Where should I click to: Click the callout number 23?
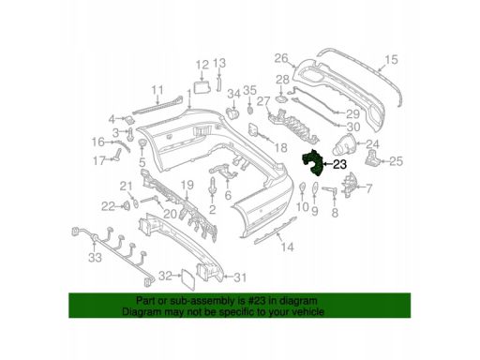(x=339, y=164)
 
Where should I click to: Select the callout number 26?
(x=280, y=56)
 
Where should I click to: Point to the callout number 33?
(x=94, y=258)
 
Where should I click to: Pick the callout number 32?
(x=165, y=276)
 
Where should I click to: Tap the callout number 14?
(x=287, y=247)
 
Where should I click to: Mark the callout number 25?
(x=396, y=161)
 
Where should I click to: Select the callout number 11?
(x=158, y=91)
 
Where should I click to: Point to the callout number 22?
(x=109, y=205)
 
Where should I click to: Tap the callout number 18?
(x=279, y=148)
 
